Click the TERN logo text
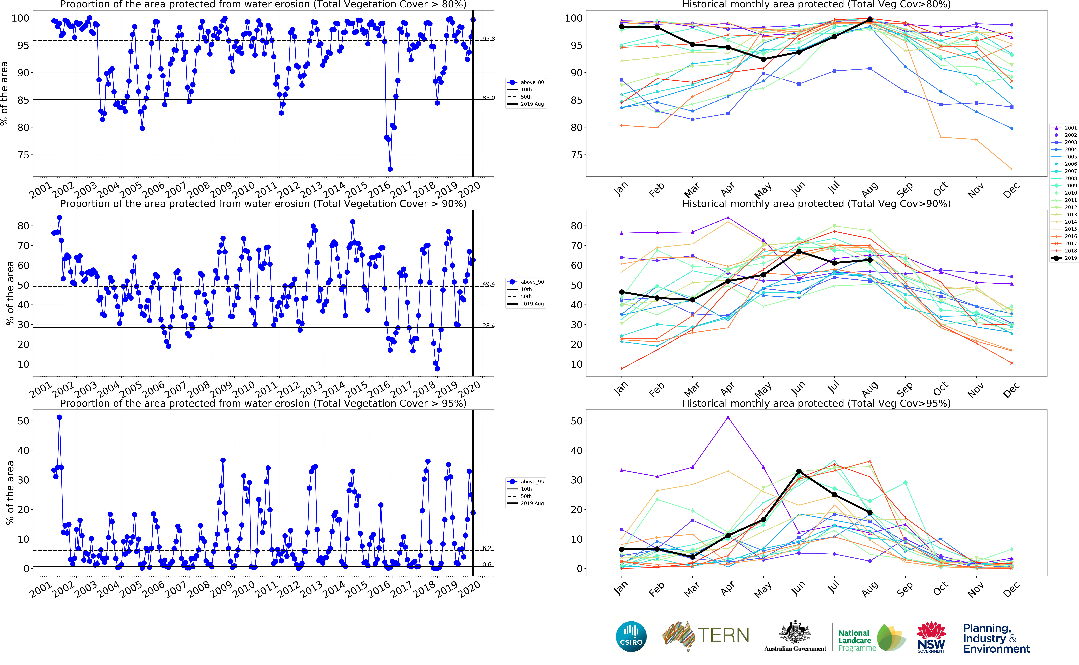(723, 636)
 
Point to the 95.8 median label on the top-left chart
(488, 39)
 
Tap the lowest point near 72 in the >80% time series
(390, 169)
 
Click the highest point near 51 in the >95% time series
(59, 417)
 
